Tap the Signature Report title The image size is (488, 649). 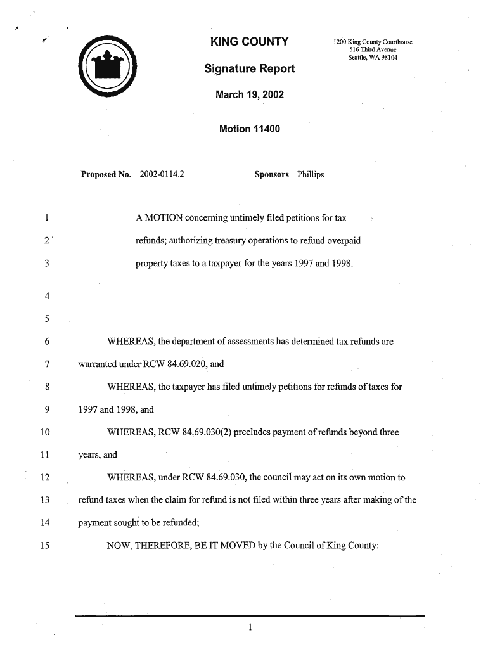[249, 68]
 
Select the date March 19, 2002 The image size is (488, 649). [249, 95]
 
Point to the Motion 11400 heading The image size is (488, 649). [249, 129]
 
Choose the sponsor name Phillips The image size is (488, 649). [310, 174]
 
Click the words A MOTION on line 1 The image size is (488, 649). [159, 219]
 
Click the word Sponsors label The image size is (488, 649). [271, 174]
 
